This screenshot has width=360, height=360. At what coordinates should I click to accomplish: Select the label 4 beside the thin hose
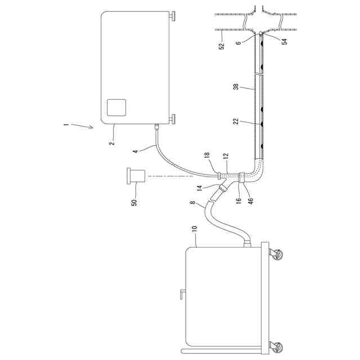[x=135, y=151]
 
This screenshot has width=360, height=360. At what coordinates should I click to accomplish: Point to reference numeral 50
[x=134, y=202]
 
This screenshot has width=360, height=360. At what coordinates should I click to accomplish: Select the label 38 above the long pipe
[x=236, y=87]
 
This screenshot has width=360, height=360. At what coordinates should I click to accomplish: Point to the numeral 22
[x=236, y=120]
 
